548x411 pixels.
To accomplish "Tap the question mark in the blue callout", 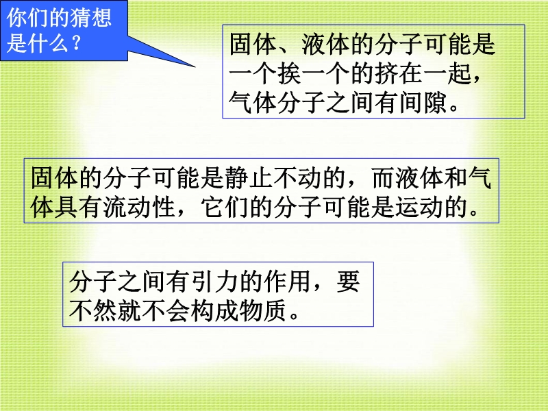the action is point(75,42).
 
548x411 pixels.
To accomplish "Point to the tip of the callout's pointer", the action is point(195,66).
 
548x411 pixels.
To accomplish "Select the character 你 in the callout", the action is point(16,18).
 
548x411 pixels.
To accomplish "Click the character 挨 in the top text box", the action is point(290,74).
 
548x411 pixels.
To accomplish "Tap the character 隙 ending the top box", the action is point(436,103).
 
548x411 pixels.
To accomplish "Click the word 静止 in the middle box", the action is point(249,177).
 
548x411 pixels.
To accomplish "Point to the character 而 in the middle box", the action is point(384,177).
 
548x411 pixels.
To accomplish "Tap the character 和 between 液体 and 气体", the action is point(456,177).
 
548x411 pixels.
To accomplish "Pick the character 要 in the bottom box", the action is point(349,281).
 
